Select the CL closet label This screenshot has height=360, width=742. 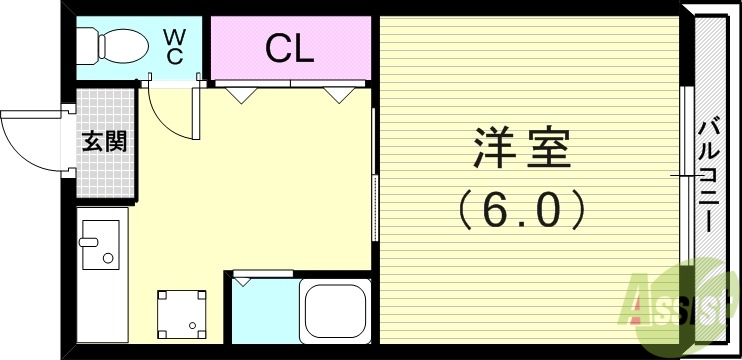289,48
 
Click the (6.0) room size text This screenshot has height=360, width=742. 521,209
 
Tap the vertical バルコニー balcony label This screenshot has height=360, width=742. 708,176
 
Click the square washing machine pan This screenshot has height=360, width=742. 183,313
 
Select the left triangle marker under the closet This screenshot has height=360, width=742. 241,96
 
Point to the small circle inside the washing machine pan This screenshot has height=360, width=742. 195,326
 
